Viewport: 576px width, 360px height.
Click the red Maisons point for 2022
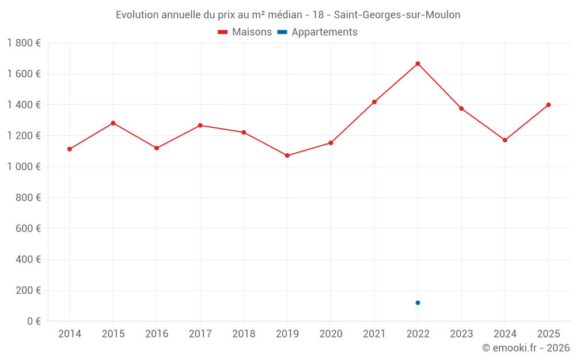pyautogui.click(x=418, y=63)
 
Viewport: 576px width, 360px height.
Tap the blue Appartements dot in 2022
pyautogui.click(x=418, y=303)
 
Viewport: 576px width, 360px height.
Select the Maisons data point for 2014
pyautogui.click(x=70, y=149)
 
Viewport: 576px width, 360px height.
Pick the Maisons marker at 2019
pyautogui.click(x=287, y=156)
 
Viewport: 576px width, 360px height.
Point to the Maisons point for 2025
pyautogui.click(x=548, y=105)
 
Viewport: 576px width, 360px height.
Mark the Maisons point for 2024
pyautogui.click(x=505, y=140)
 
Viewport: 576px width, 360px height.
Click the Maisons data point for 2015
pyautogui.click(x=113, y=123)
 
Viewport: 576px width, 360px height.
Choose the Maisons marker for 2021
pyautogui.click(x=374, y=102)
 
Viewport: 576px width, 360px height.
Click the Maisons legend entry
pyautogui.click(x=245, y=32)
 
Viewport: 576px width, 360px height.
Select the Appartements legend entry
pyautogui.click(x=317, y=32)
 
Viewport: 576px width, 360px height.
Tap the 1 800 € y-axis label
pyautogui.click(x=24, y=43)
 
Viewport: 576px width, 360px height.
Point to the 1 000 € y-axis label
pyautogui.click(x=24, y=167)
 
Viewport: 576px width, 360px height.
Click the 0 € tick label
pyautogui.click(x=34, y=321)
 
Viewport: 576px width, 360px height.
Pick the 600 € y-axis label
pyautogui.click(x=28, y=229)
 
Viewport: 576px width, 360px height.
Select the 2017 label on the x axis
pyautogui.click(x=200, y=334)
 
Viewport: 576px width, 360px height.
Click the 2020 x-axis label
pyautogui.click(x=331, y=334)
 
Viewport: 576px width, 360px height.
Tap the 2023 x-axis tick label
pyautogui.click(x=461, y=334)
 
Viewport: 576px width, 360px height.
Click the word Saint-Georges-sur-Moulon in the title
pyautogui.click(x=397, y=15)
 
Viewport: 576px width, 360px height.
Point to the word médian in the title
pyautogui.click(x=286, y=15)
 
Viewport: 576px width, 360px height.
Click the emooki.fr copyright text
pyautogui.click(x=526, y=348)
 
